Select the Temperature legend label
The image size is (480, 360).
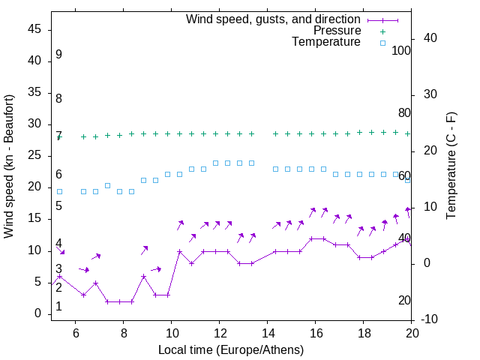pos(326,42)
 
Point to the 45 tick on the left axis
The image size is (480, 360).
pos(35,29)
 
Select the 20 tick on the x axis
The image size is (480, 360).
pos(411,334)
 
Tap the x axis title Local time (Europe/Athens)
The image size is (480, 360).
pos(231,349)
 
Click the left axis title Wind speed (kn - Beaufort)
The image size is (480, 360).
pos(9,166)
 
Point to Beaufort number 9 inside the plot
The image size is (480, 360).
pos(58,55)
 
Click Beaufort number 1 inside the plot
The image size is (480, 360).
pos(58,307)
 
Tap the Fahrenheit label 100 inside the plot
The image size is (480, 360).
pos(401,50)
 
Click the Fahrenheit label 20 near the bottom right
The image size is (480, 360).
pos(404,300)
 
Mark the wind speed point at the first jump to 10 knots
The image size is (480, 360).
pos(180,251)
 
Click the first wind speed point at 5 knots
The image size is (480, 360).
pos(95,283)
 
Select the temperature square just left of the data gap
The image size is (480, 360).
pos(252,163)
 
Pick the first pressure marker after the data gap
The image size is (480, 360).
pos(276,133)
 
